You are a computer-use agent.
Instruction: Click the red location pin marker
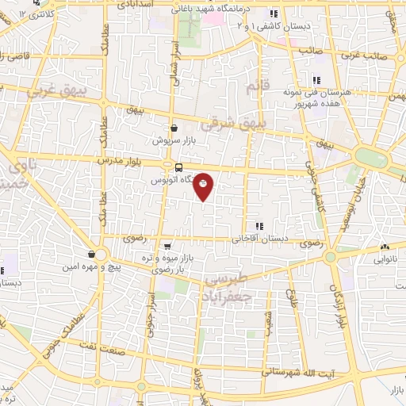click(204, 186)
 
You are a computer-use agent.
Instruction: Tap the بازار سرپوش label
click(174, 140)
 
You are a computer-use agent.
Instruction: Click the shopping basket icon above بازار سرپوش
click(174, 128)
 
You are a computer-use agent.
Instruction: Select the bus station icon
click(178, 167)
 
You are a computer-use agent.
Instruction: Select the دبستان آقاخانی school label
click(261, 238)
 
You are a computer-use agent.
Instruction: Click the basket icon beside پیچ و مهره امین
click(93, 254)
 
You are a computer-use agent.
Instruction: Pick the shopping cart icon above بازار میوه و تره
click(167, 247)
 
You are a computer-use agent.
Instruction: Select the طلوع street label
click(291, 298)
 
